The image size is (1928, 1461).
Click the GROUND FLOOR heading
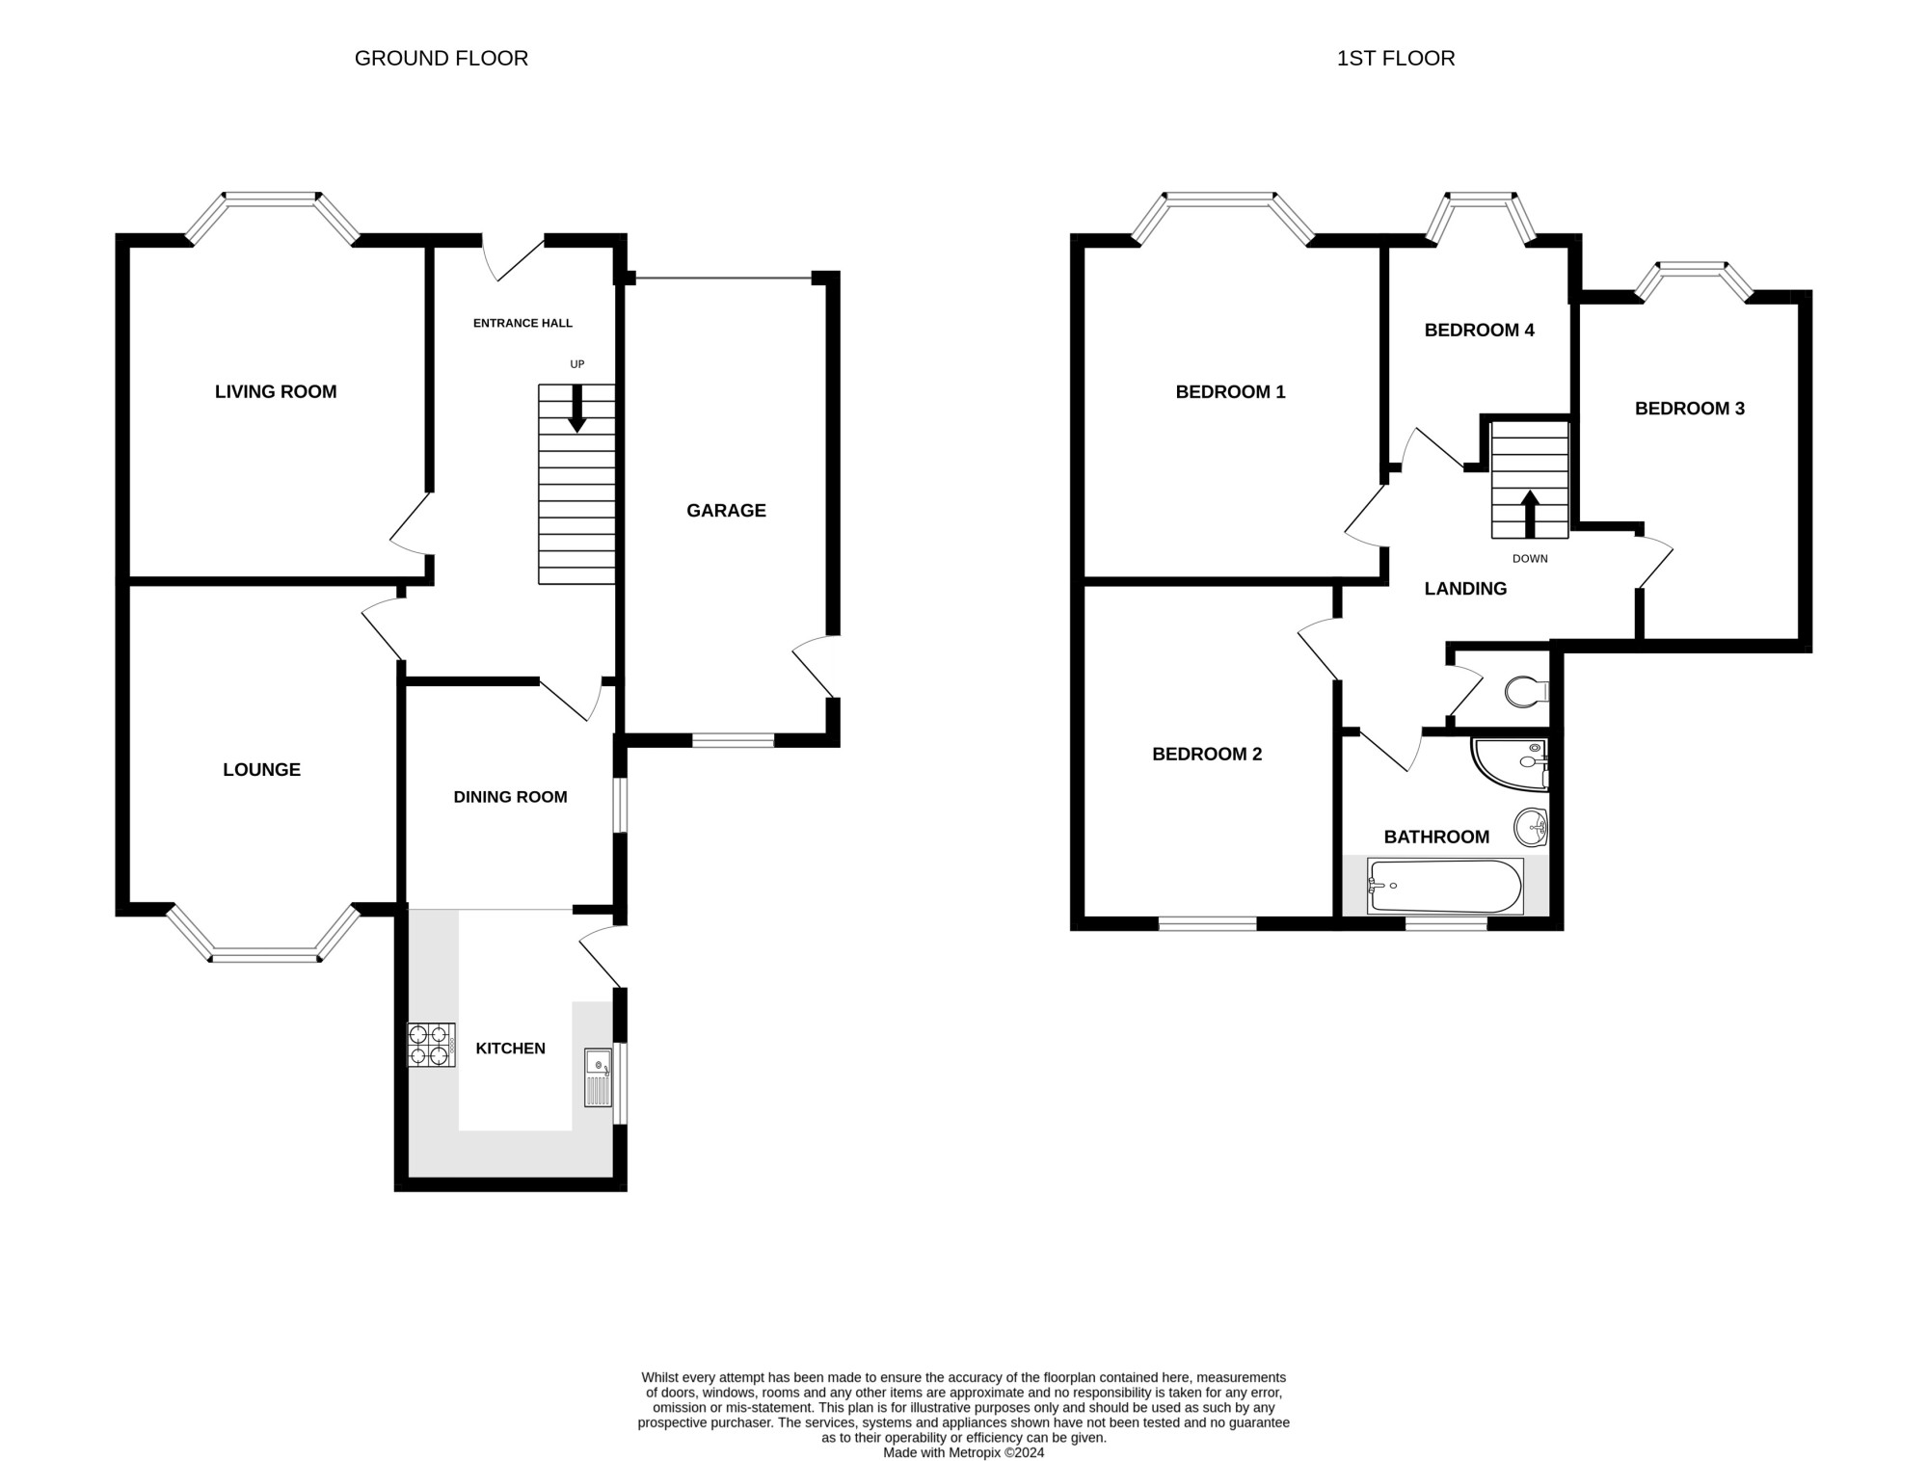point(442,58)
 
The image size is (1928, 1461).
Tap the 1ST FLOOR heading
point(1396,58)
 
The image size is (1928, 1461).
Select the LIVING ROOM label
point(276,391)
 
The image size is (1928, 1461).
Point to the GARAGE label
point(726,511)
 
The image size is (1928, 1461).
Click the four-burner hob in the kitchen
point(431,1045)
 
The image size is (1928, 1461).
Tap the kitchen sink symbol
point(599,1077)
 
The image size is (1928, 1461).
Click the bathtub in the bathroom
point(1445,886)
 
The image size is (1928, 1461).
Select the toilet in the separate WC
point(1526,690)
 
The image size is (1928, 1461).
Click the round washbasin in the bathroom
point(1531,826)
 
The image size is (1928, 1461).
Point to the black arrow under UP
point(576,409)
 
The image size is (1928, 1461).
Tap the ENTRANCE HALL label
point(522,323)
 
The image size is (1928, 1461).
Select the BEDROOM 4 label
point(1479,330)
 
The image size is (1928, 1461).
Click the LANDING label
point(1465,589)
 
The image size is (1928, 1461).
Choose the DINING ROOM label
point(510,797)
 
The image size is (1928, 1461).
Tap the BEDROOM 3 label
point(1690,409)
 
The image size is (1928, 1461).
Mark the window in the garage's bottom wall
point(733,740)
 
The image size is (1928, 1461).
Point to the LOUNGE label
point(261,769)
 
